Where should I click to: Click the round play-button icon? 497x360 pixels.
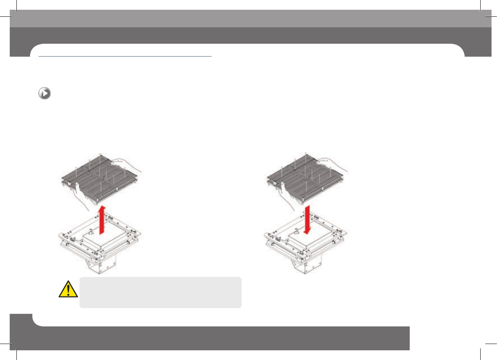[45, 94]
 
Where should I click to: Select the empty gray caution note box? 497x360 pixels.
[160, 293]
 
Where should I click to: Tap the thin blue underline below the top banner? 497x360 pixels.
[125, 56]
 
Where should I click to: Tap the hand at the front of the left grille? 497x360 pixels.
[83, 193]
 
